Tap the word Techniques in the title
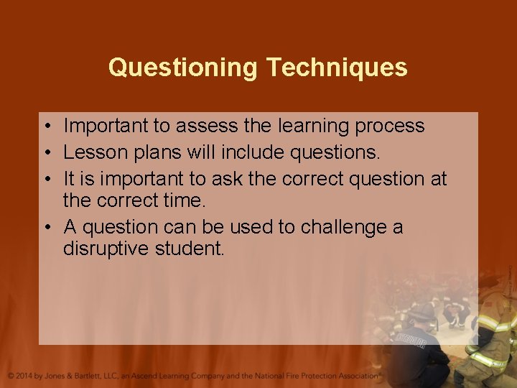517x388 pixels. click(337, 68)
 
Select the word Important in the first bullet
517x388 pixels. click(106, 126)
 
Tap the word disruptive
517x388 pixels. click(108, 249)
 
